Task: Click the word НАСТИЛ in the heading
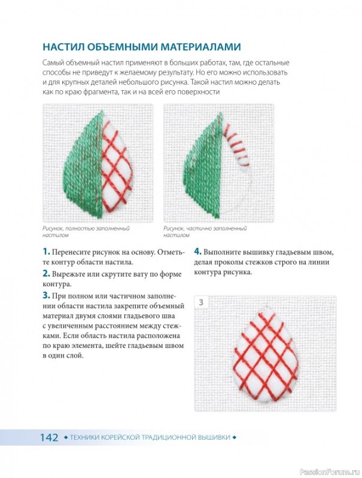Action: pyautogui.click(x=63, y=47)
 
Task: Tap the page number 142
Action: pyautogui.click(x=49, y=437)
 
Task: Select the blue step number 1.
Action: pyautogui.click(x=46, y=252)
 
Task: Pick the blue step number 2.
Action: pyautogui.click(x=46, y=274)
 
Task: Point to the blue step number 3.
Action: pyautogui.click(x=46, y=295)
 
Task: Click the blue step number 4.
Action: pyautogui.click(x=198, y=252)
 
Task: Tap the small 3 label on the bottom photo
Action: pyautogui.click(x=201, y=302)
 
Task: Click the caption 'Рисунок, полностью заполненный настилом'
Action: pyautogui.click(x=86, y=232)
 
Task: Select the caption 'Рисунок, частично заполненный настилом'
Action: pyautogui.click(x=205, y=232)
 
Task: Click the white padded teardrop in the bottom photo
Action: pyautogui.click(x=265, y=354)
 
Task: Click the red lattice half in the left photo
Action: pyautogui.click(x=116, y=165)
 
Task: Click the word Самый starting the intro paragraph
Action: pyautogui.click(x=53, y=63)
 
